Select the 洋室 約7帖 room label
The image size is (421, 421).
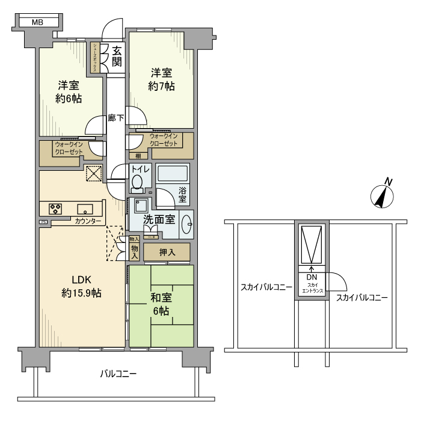click(x=161, y=80)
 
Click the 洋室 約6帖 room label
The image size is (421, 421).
click(x=69, y=91)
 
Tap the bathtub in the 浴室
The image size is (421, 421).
click(x=173, y=174)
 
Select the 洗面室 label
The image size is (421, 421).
click(x=158, y=220)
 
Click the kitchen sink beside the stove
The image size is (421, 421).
click(x=85, y=209)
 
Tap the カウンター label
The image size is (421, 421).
click(x=88, y=221)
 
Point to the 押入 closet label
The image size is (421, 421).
click(x=167, y=253)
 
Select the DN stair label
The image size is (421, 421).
click(x=312, y=277)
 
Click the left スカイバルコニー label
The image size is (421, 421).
click(x=266, y=287)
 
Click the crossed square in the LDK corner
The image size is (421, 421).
click(x=93, y=174)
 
